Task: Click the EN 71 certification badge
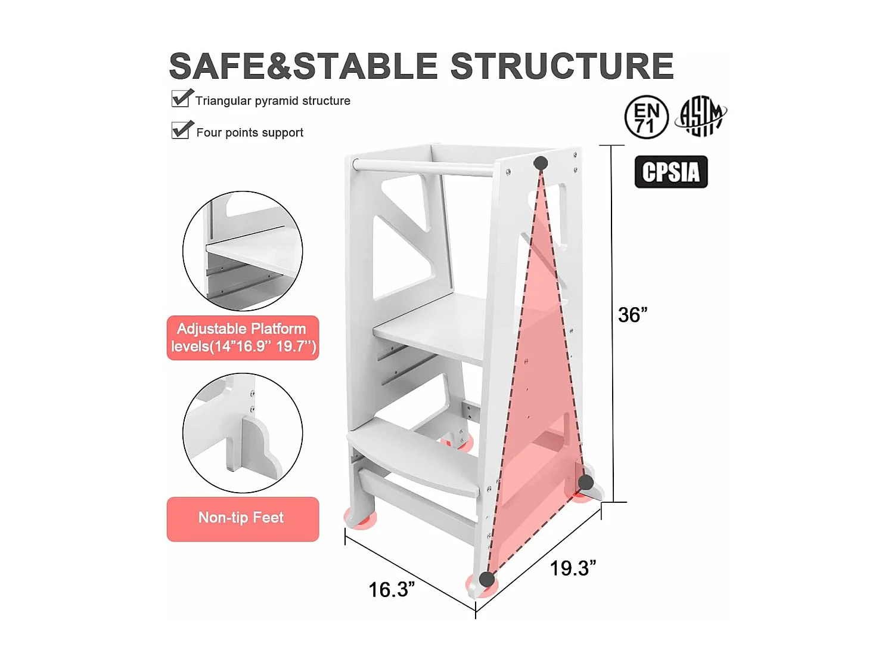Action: pos(647,117)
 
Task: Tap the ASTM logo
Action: pos(701,116)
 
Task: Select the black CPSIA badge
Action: pos(671,172)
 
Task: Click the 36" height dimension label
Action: pos(632,315)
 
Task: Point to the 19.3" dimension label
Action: pos(573,568)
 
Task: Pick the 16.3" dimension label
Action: pos(392,589)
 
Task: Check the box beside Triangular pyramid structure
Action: pos(181,98)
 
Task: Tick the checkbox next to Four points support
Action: pos(181,130)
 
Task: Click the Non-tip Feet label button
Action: pos(243,519)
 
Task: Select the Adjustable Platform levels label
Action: pos(243,338)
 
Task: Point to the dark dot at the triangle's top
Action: pos(541,163)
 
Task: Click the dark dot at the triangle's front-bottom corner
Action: pos(487,579)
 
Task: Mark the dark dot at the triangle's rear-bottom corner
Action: pos(586,483)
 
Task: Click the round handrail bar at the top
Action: pos(423,168)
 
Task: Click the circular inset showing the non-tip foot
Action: pos(243,432)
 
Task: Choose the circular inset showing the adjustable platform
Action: pos(243,251)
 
